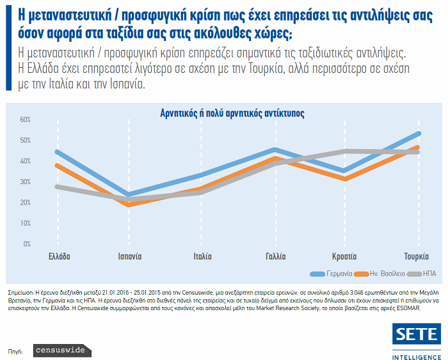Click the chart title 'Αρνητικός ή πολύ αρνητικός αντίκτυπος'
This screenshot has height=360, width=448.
pyautogui.click(x=232, y=113)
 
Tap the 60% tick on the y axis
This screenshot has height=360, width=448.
pyautogui.click(x=25, y=120)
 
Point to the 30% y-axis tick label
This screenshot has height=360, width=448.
pyautogui.click(x=25, y=182)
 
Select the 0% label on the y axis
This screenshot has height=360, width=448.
pyautogui.click(x=27, y=244)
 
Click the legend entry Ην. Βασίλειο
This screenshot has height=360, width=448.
pyautogui.click(x=385, y=273)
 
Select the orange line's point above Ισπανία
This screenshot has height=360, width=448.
pyautogui.click(x=130, y=205)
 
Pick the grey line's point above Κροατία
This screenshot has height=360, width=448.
pyautogui.click(x=346, y=151)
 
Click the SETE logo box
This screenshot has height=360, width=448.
pyautogui.click(x=415, y=334)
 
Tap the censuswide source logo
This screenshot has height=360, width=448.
pyautogui.click(x=62, y=351)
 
